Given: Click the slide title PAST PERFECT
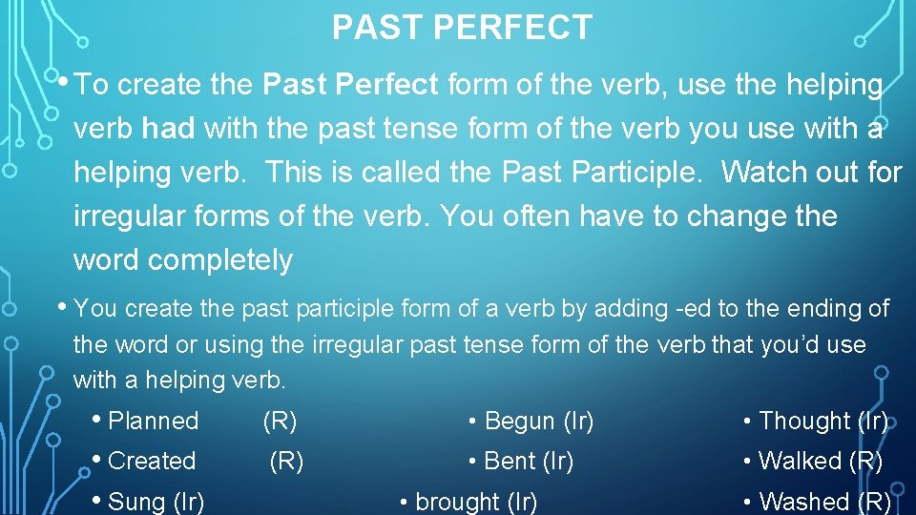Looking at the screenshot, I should [462, 28].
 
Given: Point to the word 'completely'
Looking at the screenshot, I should [183, 260].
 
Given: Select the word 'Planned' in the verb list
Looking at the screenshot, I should [154, 421].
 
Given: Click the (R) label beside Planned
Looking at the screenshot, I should [280, 421].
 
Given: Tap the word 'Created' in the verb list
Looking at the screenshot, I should [152, 461].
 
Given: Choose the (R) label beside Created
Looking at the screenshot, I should [286, 461].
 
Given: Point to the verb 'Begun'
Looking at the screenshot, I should [520, 421].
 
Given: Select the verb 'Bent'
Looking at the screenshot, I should [510, 461].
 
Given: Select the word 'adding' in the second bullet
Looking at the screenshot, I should [633, 309].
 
